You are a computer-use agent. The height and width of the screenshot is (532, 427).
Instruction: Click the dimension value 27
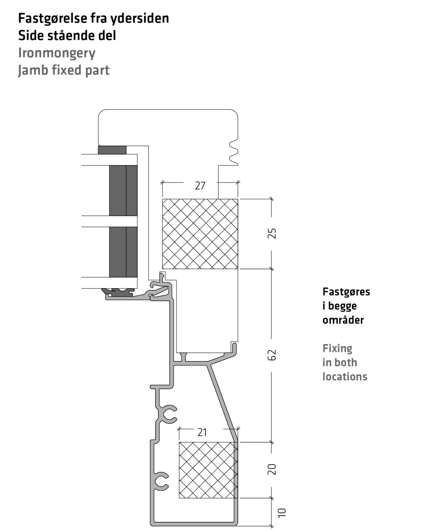tap(200, 186)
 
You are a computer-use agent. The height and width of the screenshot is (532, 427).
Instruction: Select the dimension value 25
tap(272, 233)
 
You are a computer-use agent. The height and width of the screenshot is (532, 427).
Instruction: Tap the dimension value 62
tap(272, 355)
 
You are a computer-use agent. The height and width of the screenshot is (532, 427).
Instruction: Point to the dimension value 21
tap(202, 433)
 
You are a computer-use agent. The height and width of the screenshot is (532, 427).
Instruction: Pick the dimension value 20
tap(272, 469)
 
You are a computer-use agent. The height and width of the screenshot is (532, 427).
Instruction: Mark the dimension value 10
tap(282, 513)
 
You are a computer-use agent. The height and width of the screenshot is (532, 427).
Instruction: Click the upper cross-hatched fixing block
tap(200, 234)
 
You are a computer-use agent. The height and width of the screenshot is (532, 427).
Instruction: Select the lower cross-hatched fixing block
tap(208, 470)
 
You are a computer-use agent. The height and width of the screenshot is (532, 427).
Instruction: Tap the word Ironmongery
tap(57, 53)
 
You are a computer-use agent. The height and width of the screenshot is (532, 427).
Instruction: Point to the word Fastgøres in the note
tap(346, 292)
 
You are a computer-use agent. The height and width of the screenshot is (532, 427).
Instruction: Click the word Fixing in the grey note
tap(337, 348)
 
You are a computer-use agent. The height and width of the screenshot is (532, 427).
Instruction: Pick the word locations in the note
tap(345, 376)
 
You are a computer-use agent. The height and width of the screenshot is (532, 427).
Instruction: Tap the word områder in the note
tap(343, 320)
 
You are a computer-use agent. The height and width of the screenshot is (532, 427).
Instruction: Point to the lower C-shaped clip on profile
tap(162, 481)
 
